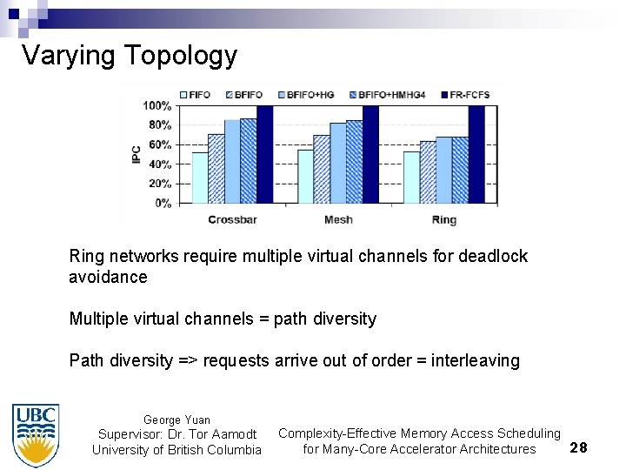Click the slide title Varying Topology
129,56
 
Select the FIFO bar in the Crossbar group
200,178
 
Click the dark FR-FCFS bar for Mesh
371,154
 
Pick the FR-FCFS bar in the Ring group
476,154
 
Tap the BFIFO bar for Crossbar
216,169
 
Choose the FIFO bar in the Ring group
411,178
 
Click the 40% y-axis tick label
159,164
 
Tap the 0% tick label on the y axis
163,204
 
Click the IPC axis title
137,155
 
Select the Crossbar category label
232,220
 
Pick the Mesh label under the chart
338,220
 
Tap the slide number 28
578,447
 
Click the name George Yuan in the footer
176,420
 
